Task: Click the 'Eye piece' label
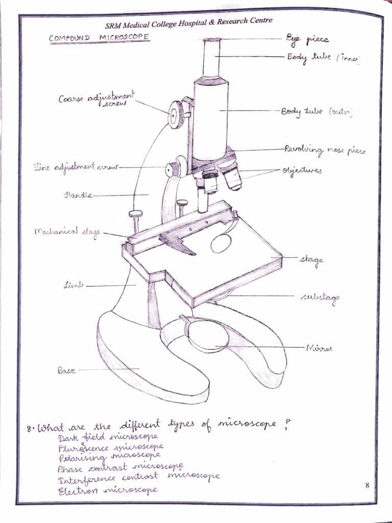(x=307, y=39)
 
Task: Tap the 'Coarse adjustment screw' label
(x=96, y=100)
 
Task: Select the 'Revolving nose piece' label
(x=325, y=151)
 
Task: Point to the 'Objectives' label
(x=302, y=171)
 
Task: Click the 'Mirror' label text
(x=319, y=348)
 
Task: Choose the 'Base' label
(x=66, y=370)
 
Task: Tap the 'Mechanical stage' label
(x=67, y=232)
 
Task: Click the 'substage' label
(x=320, y=297)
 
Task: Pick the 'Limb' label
(x=74, y=285)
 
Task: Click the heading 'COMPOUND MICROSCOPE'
(x=99, y=37)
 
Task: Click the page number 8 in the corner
(x=367, y=485)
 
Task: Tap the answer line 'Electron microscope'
(x=108, y=490)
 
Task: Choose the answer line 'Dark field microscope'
(x=108, y=437)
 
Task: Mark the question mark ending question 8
(x=286, y=424)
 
